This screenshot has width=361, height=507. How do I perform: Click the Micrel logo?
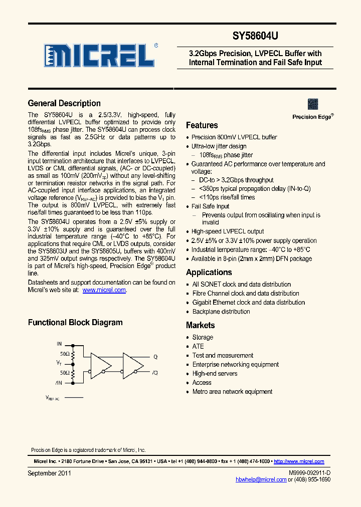coord(98,55)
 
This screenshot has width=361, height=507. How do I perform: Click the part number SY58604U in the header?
coord(255,37)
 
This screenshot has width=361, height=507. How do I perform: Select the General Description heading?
coord(64,103)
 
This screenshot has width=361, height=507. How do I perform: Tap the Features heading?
coord(202,125)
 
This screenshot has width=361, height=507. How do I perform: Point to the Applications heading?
coord(209,272)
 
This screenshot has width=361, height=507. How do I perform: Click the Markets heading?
coord(200,325)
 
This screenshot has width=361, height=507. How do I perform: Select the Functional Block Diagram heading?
coord(75,322)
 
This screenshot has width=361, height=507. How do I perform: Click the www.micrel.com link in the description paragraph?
coord(104,290)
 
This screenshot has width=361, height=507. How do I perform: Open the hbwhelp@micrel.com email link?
coord(261,479)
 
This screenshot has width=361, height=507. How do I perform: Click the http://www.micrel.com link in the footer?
coord(299,461)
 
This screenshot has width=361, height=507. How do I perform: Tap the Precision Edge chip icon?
coord(313,104)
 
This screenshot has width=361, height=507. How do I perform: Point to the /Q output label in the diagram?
coord(155,372)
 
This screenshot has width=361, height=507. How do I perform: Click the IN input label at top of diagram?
coord(59,344)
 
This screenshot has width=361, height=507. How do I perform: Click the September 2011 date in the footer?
coord(49,472)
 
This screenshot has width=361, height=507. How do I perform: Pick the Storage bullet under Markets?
coord(203,337)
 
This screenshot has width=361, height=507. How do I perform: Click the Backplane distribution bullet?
coord(221,311)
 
